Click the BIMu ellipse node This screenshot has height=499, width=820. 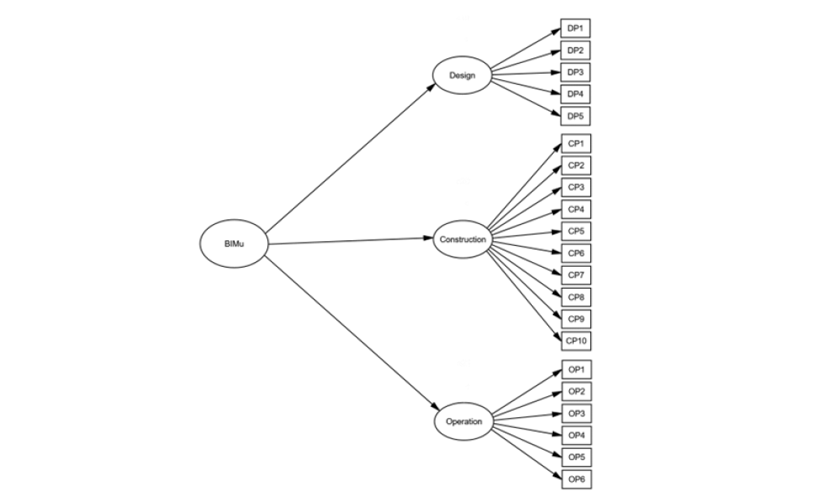(234, 243)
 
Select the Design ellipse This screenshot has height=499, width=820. (461, 75)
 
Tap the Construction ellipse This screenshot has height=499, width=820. (462, 239)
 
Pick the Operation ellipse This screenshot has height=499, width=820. (464, 421)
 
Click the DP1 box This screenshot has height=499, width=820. (575, 28)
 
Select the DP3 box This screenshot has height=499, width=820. (575, 72)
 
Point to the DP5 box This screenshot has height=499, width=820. (575, 116)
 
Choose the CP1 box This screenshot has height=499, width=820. (576, 144)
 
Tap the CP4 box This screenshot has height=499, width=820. (576, 209)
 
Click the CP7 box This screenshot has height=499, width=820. (576, 275)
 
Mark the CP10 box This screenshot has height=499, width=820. (576, 341)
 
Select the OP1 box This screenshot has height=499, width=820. (576, 370)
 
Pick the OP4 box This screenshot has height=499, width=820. (576, 436)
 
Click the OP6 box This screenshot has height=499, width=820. (576, 480)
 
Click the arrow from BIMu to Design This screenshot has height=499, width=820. (351, 159)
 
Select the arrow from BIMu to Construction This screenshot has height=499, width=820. (351, 241)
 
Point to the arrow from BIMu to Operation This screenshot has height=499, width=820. (351, 333)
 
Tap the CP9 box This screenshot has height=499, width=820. (576, 319)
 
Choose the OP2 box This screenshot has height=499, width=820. (576, 392)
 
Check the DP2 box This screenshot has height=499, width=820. (575, 50)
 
